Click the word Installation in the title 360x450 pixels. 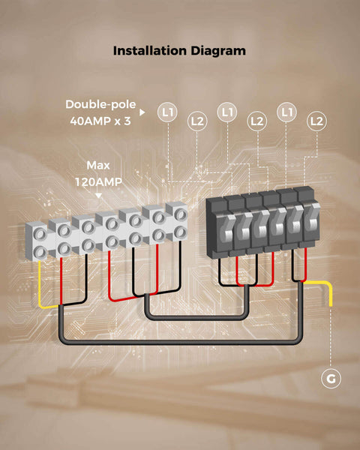(x=150, y=51)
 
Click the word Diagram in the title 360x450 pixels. (x=218, y=51)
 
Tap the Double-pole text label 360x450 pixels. (x=100, y=104)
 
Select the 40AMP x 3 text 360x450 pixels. (x=100, y=121)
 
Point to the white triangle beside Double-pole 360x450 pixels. (x=142, y=112)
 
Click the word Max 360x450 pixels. (x=98, y=165)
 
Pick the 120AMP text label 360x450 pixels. (x=98, y=182)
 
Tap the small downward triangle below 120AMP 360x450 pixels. (x=98, y=196)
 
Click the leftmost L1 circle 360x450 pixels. (x=168, y=112)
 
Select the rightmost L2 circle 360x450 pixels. (x=316, y=121)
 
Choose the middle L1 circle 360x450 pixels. (x=227, y=112)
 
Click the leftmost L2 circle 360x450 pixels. (x=197, y=121)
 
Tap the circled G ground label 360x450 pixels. (x=331, y=379)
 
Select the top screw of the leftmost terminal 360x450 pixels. (x=40, y=234)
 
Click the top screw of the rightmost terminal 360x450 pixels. (x=181, y=214)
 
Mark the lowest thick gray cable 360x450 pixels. (x=180, y=342)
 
